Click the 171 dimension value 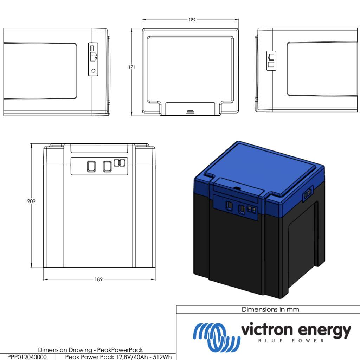(x=131, y=67)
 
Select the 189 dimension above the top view (x=192, y=20)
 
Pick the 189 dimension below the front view (x=98, y=279)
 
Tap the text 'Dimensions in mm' (x=270, y=309)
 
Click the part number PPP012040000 (x=27, y=357)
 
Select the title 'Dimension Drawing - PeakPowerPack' (x=90, y=350)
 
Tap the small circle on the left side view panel (x=93, y=71)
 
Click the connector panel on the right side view (x=271, y=61)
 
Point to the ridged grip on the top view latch (x=190, y=112)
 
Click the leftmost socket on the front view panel (x=91, y=167)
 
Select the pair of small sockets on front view (x=120, y=162)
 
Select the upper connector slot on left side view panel (x=92, y=48)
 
